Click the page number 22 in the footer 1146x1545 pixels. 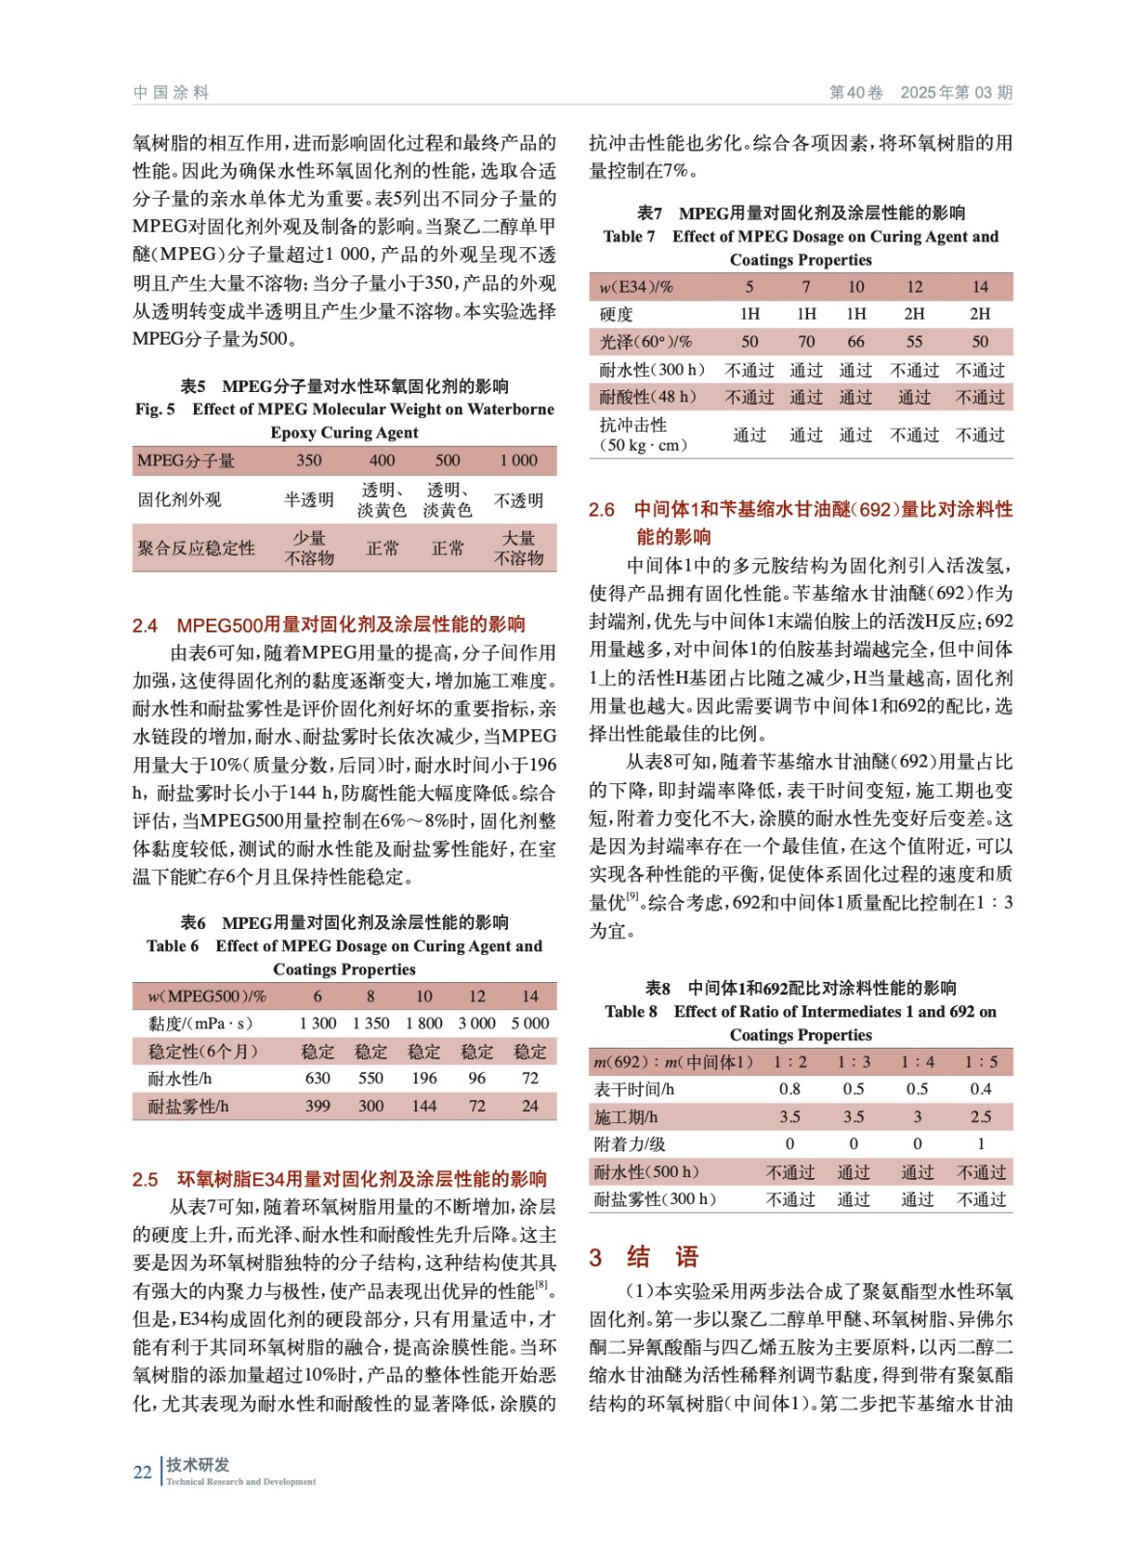tap(142, 1472)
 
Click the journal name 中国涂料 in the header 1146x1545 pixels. tap(171, 93)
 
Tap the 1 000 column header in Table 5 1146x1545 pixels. tap(518, 461)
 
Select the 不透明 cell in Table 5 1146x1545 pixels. tap(518, 500)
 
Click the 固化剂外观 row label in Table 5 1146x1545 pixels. tap(180, 500)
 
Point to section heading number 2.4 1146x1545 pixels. tap(145, 625)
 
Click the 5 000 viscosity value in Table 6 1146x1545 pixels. tap(529, 1024)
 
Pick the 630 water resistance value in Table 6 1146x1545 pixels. tap(318, 1079)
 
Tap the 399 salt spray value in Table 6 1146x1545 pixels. tap(318, 1107)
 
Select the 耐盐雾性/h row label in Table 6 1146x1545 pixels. tap(188, 1107)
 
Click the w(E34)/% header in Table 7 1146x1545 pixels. tap(635, 287)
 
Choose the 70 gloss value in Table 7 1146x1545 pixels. tap(806, 342)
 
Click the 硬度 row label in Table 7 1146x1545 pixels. tap(616, 315)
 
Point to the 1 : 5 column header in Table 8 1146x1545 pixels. tap(981, 1062)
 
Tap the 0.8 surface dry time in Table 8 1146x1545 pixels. tap(790, 1089)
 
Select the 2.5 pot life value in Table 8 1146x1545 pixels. tap(981, 1117)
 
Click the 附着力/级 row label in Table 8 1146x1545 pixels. tap(629, 1144)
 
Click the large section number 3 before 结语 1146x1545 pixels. tap(596, 1257)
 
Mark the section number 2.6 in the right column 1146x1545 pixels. tap(601, 510)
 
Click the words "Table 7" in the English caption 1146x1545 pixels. tap(629, 237)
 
